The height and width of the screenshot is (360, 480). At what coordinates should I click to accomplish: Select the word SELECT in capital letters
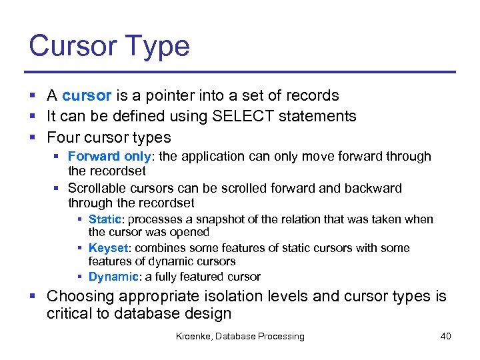click(x=242, y=116)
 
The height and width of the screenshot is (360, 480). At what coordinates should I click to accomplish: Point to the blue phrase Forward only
click(x=109, y=157)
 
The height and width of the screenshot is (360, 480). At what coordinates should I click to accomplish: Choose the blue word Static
click(x=103, y=219)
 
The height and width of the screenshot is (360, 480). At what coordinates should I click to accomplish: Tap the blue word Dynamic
click(x=113, y=277)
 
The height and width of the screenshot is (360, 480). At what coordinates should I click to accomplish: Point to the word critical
click(x=69, y=313)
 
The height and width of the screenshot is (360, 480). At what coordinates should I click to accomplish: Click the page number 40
click(x=445, y=337)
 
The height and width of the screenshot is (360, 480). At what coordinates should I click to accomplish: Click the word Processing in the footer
click(x=279, y=337)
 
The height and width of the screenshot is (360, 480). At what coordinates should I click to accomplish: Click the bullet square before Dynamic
click(x=81, y=277)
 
